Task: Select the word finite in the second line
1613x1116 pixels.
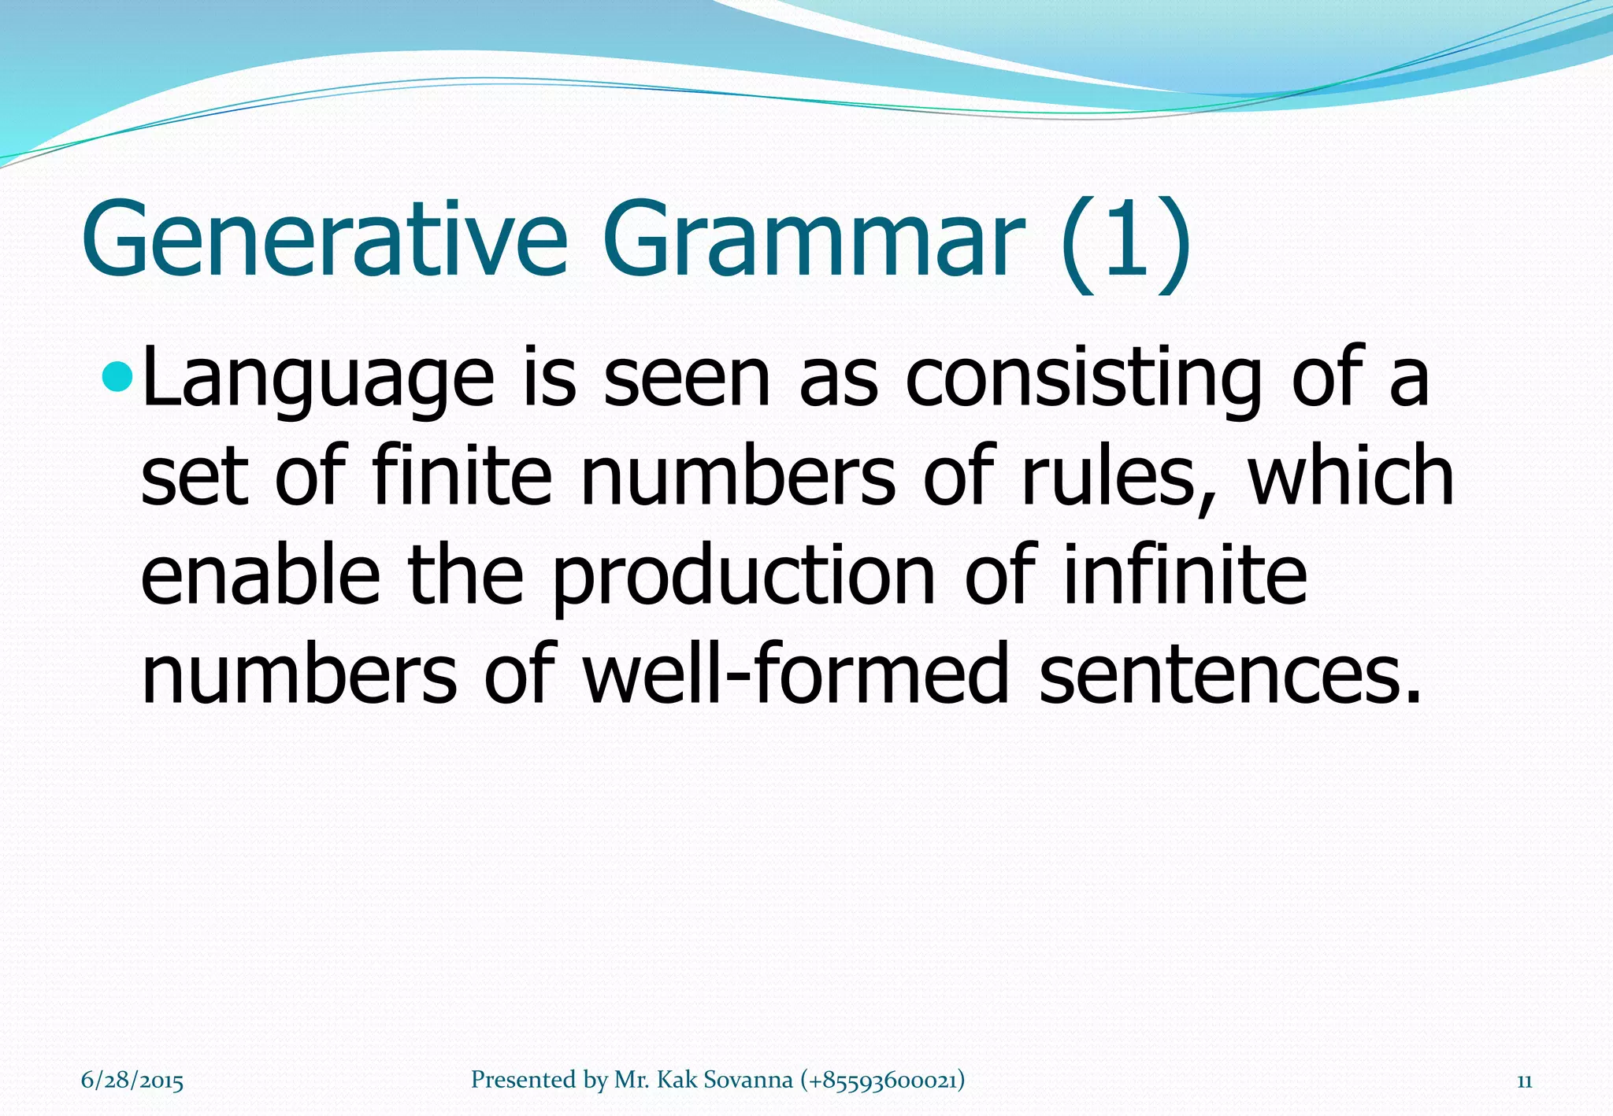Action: pyautogui.click(x=462, y=476)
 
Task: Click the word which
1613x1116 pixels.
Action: pyautogui.click(x=1352, y=476)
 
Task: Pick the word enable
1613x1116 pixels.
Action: pyautogui.click(x=261, y=576)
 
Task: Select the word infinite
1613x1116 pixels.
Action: pyautogui.click(x=1185, y=576)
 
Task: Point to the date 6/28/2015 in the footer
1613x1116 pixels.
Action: pyautogui.click(x=132, y=1081)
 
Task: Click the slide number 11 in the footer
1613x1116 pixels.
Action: pyautogui.click(x=1524, y=1081)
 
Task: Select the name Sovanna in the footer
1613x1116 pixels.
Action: pyautogui.click(x=747, y=1080)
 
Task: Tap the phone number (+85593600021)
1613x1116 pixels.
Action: pyautogui.click(x=882, y=1080)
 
